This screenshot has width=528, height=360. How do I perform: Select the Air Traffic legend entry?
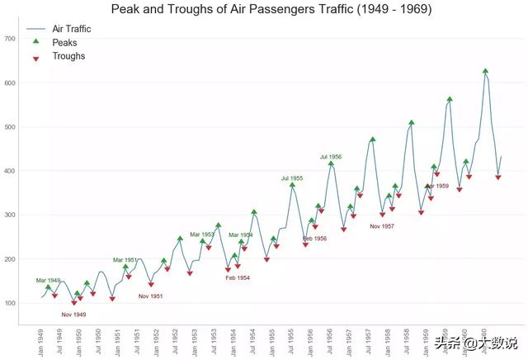click(x=71, y=28)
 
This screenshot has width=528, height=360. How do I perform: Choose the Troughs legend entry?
click(x=68, y=56)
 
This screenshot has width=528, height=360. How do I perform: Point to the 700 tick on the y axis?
click(x=11, y=39)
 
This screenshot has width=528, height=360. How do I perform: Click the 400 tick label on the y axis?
click(x=11, y=171)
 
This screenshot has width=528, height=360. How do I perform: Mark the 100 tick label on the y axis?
click(x=11, y=303)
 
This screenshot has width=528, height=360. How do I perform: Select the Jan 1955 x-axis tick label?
click(x=272, y=341)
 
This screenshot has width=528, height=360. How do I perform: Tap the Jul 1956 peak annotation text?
click(x=331, y=156)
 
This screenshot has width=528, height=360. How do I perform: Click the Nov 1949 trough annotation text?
click(x=73, y=315)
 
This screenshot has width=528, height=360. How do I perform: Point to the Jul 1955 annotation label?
click(x=291, y=178)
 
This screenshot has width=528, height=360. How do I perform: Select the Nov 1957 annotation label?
click(x=382, y=225)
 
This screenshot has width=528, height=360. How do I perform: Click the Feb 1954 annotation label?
click(x=238, y=278)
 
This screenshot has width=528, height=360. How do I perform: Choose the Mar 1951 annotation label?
click(x=126, y=260)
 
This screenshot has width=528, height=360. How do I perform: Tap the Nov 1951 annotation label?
click(x=150, y=296)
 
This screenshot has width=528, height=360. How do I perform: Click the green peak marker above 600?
click(x=485, y=72)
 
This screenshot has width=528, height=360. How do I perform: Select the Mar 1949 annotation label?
click(x=48, y=281)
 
